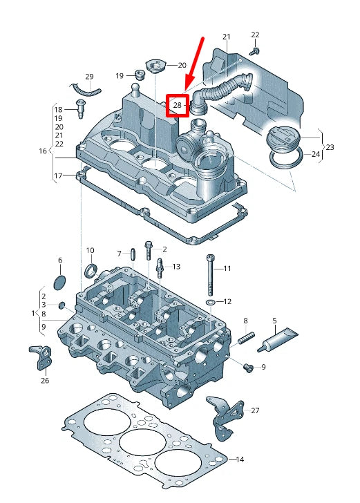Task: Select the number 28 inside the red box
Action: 178,106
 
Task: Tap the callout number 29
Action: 89,76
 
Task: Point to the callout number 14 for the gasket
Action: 240,459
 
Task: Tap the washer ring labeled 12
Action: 210,303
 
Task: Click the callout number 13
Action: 176,266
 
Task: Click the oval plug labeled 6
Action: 59,282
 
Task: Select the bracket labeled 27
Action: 223,417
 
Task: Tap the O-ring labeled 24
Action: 285,161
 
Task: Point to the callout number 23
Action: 330,147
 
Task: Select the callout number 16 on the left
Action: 43,151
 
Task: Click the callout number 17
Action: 59,176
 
